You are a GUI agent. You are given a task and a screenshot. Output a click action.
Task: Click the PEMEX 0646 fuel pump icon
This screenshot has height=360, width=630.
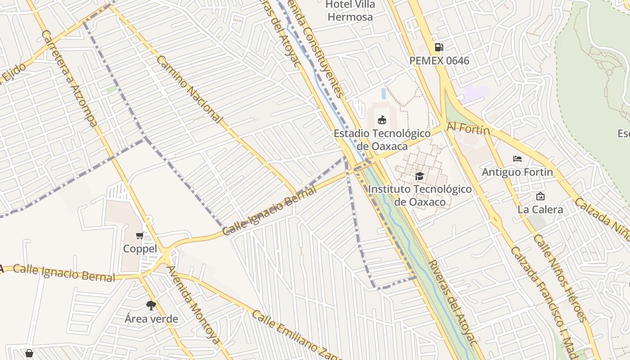[439, 47]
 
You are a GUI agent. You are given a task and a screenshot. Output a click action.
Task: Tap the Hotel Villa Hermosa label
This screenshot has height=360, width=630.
[350, 11]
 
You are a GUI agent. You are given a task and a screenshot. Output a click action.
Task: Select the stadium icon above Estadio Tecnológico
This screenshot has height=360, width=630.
[382, 120]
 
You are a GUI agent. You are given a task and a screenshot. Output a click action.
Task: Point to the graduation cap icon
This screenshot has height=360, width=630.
[419, 176]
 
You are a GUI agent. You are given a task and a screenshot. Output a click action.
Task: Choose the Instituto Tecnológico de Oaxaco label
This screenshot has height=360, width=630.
[420, 195]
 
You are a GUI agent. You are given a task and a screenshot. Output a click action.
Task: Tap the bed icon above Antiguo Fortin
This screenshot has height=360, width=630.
[517, 159]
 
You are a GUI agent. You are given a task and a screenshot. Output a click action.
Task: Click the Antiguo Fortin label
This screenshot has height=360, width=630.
[517, 172]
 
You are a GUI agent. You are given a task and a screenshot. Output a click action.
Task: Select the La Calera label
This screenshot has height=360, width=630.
[540, 209]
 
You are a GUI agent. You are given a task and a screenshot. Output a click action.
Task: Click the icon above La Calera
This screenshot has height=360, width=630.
[540, 196]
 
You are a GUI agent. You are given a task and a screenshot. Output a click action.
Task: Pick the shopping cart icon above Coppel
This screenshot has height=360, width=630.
[140, 235]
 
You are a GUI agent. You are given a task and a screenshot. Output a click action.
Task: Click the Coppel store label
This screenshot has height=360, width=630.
[140, 249]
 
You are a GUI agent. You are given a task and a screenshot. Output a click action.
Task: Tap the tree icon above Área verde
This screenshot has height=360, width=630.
[151, 306]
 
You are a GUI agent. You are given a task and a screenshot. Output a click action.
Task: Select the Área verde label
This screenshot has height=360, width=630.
[151, 319]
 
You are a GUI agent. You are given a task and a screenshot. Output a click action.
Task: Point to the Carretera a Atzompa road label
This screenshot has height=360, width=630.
[70, 79]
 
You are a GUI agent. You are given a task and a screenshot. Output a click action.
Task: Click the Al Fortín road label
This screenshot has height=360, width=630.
[468, 129]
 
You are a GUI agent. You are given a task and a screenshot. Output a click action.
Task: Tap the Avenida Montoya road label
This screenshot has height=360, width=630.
[193, 304]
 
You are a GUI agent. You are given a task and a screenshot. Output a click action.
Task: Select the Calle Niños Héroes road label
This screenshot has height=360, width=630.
[560, 277]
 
